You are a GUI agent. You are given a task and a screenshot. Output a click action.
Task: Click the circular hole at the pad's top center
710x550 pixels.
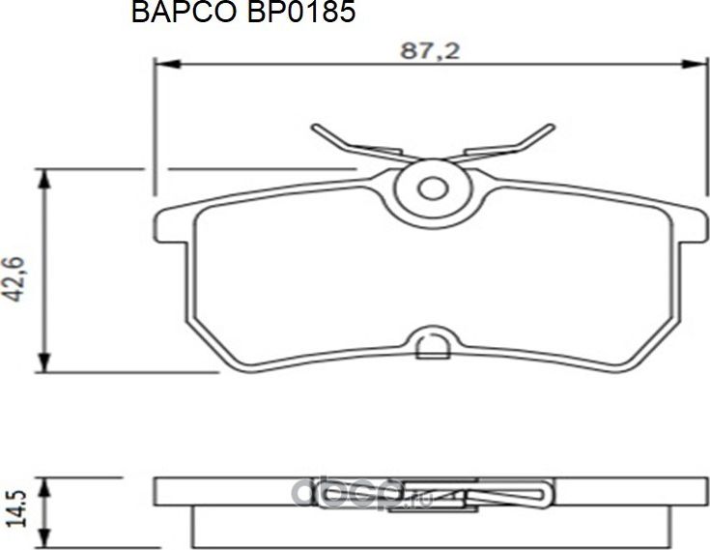432,186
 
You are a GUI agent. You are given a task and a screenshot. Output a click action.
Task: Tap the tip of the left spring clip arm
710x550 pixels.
316,127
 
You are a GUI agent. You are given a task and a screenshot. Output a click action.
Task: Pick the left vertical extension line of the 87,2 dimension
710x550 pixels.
156,116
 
